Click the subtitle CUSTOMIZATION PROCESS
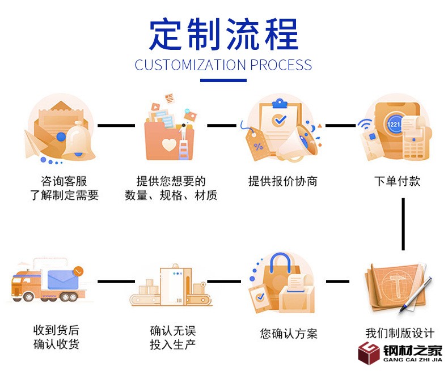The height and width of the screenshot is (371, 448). tap(223, 65)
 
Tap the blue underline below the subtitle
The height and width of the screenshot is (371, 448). tap(223, 80)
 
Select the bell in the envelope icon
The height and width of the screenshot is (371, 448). tap(78, 142)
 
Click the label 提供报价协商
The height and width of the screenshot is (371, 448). tap(283, 181)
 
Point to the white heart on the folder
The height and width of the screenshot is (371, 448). tap(169, 145)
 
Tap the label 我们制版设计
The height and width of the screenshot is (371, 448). tap(400, 332)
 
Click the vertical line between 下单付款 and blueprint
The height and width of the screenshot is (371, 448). tap(403, 224)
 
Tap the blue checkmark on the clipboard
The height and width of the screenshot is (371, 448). tap(279, 120)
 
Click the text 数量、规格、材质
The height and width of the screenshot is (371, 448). tap(171, 196)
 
